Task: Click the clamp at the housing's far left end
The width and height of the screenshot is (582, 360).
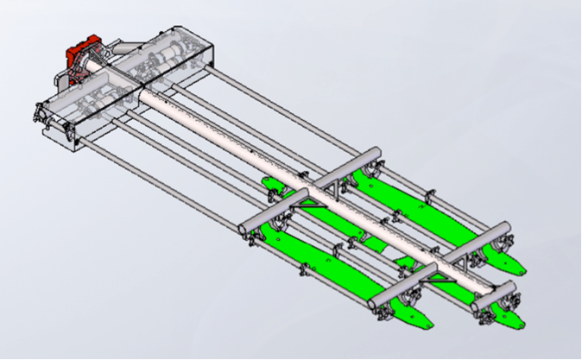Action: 39,111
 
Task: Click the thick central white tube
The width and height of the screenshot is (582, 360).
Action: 259,155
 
